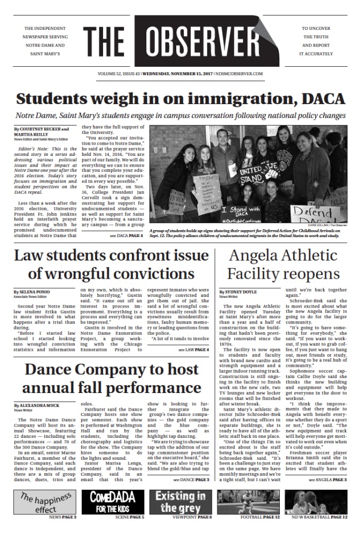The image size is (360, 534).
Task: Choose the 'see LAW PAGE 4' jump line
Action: click(194, 335)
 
